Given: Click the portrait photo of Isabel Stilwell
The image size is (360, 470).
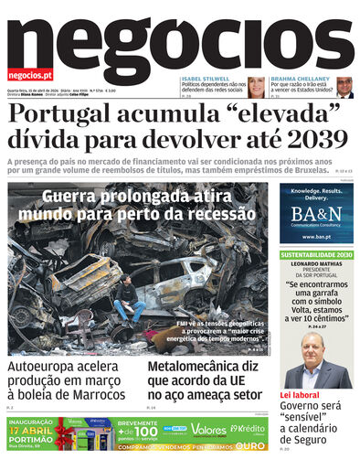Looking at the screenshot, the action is pos(256,87).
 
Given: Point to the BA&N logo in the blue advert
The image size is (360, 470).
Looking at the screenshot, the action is pos(316,216).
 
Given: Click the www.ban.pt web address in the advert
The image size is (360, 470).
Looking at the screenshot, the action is pos(316,237).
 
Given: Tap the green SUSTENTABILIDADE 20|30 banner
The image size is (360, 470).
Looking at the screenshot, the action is pos(316,254).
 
